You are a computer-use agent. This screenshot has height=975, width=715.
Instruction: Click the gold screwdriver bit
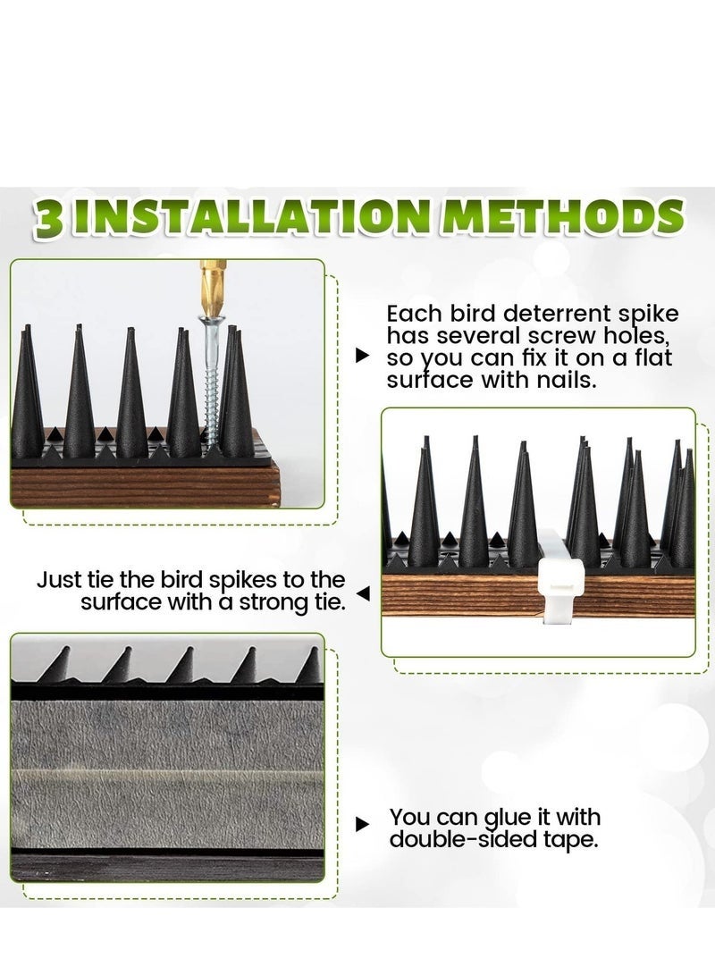pyautogui.click(x=212, y=286)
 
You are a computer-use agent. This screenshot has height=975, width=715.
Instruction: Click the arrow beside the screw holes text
pyautogui.click(x=362, y=356)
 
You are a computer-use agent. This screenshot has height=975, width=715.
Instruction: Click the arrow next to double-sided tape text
pyautogui.click(x=362, y=824)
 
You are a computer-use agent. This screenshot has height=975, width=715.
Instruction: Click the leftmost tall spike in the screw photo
pyautogui.click(x=27, y=393)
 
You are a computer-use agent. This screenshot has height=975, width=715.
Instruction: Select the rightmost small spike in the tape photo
pyautogui.click(x=309, y=666)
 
